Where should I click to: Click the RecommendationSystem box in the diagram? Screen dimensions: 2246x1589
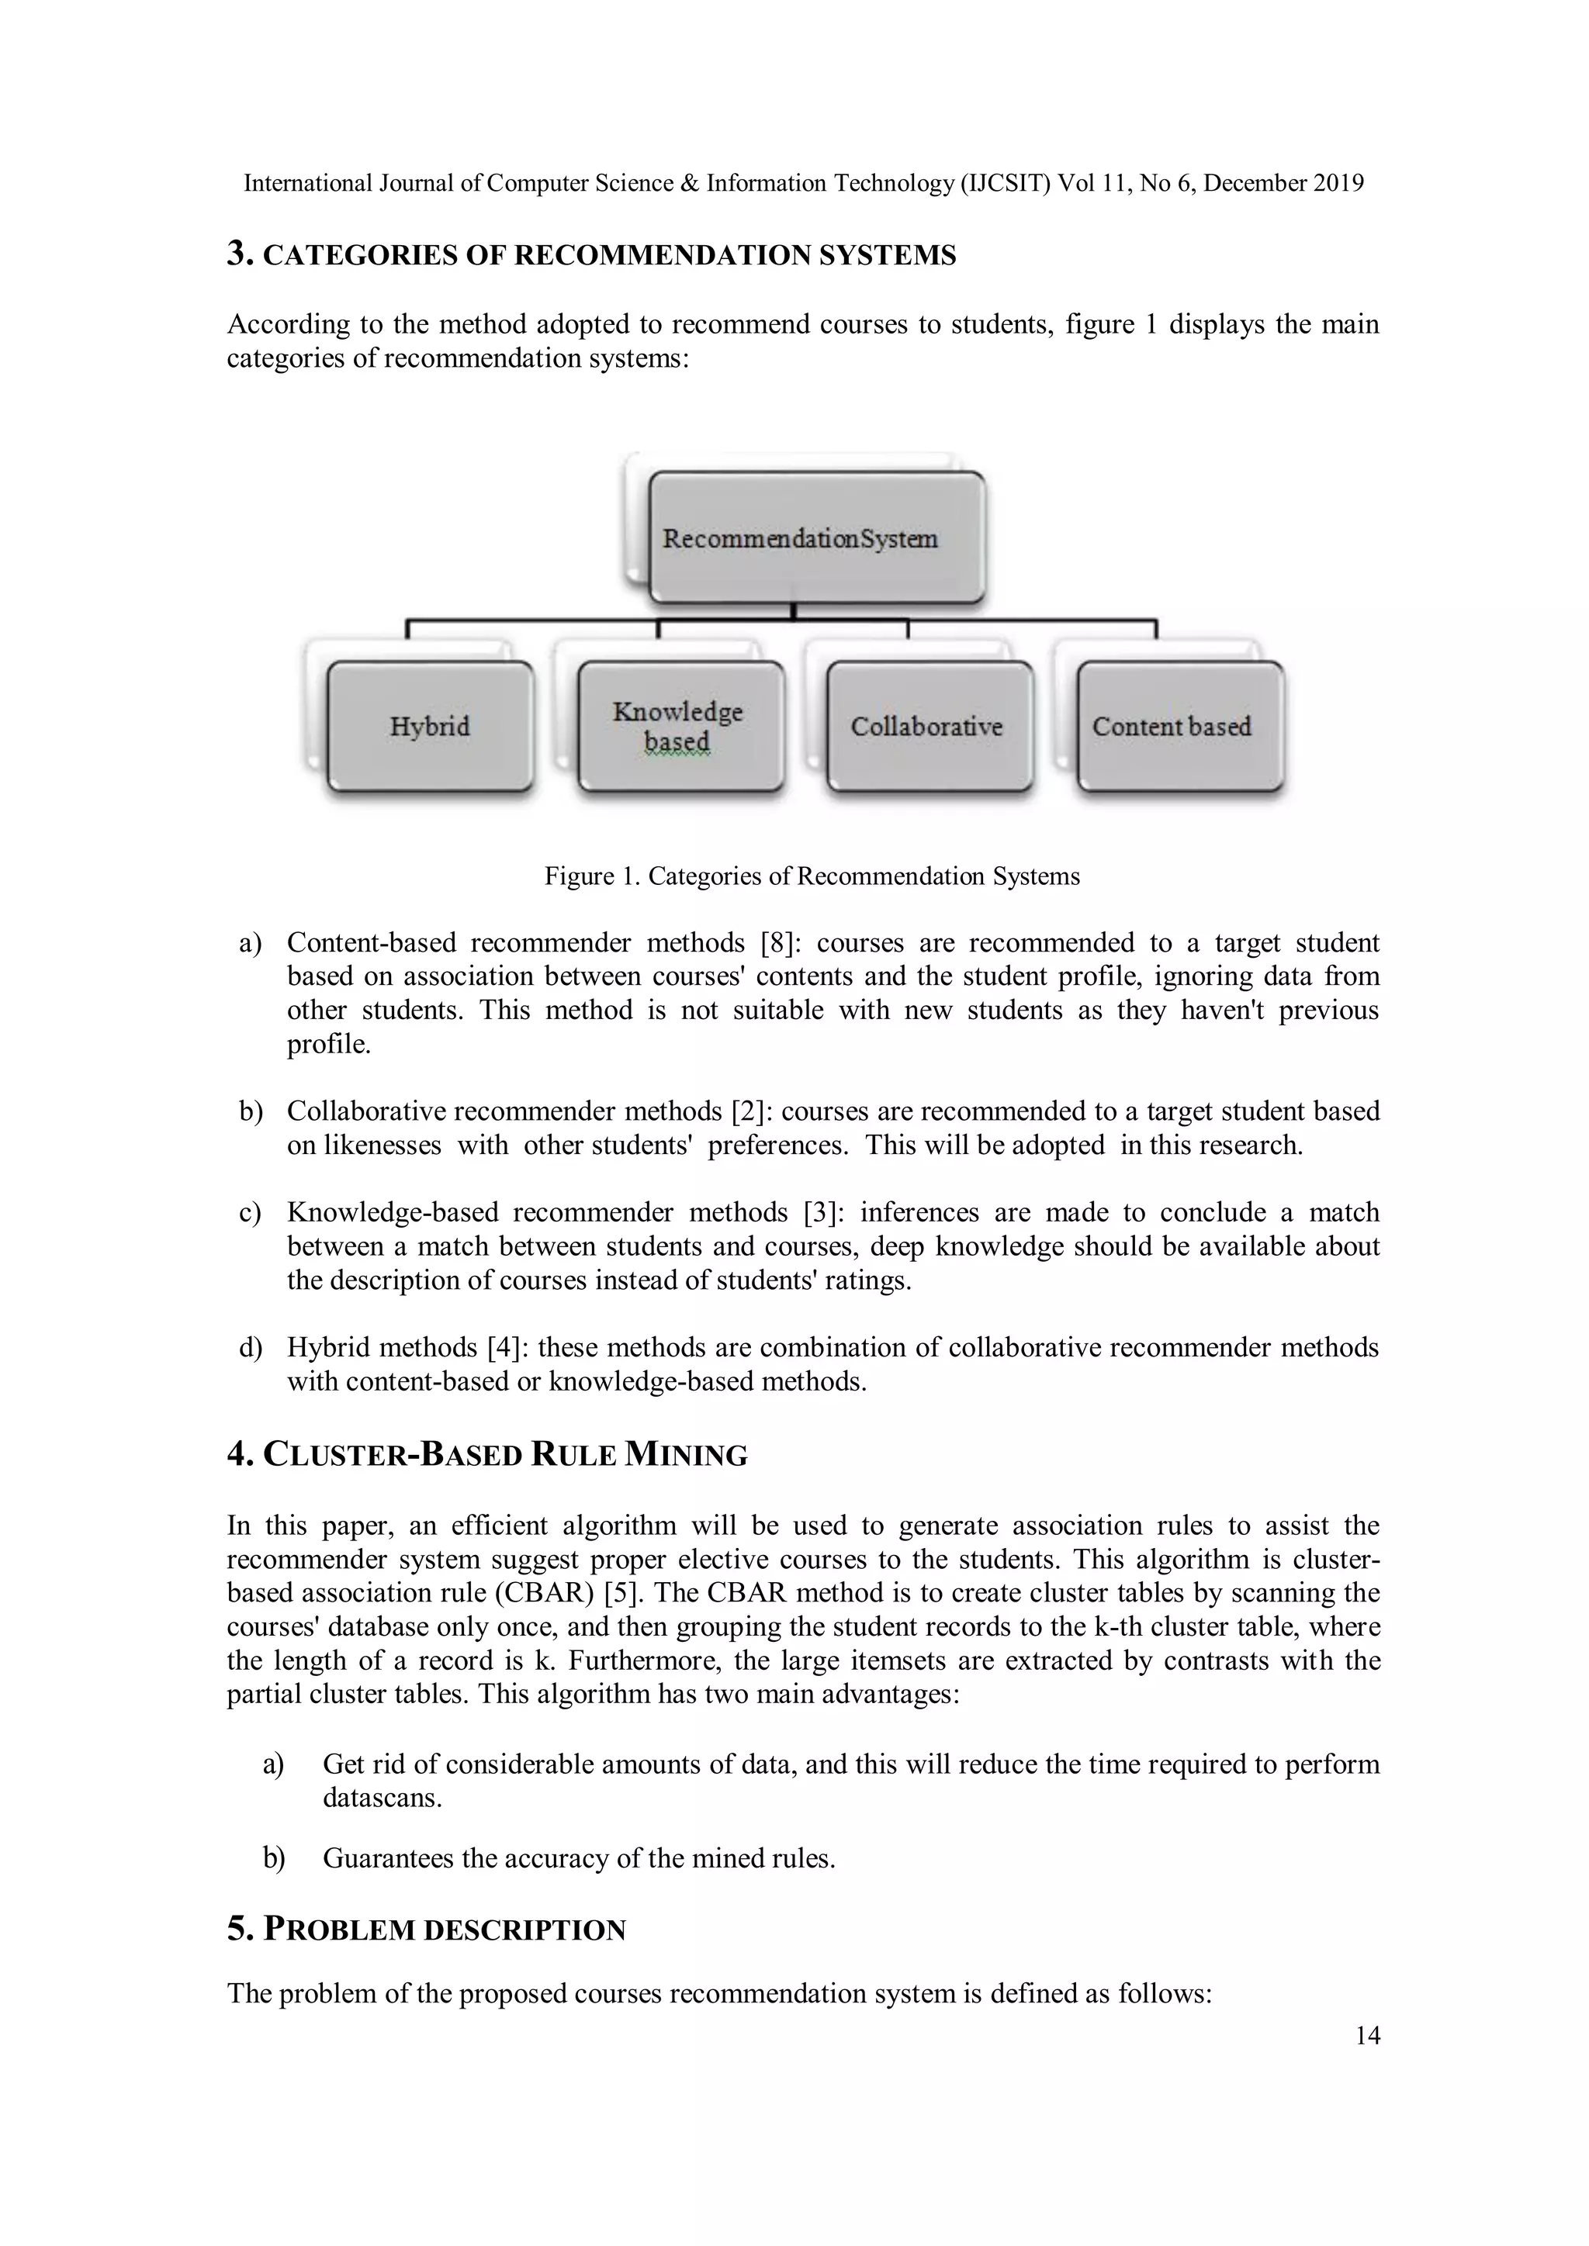tap(817, 538)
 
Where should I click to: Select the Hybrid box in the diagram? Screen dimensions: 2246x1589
tap(431, 726)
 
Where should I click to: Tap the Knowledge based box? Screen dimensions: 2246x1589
tap(680, 726)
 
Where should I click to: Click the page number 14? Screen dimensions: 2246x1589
tap(1367, 2036)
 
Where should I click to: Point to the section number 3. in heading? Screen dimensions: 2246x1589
tap(240, 254)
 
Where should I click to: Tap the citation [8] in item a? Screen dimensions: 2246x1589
tap(780, 943)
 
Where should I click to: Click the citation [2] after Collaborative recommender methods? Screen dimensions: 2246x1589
tap(750, 1111)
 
